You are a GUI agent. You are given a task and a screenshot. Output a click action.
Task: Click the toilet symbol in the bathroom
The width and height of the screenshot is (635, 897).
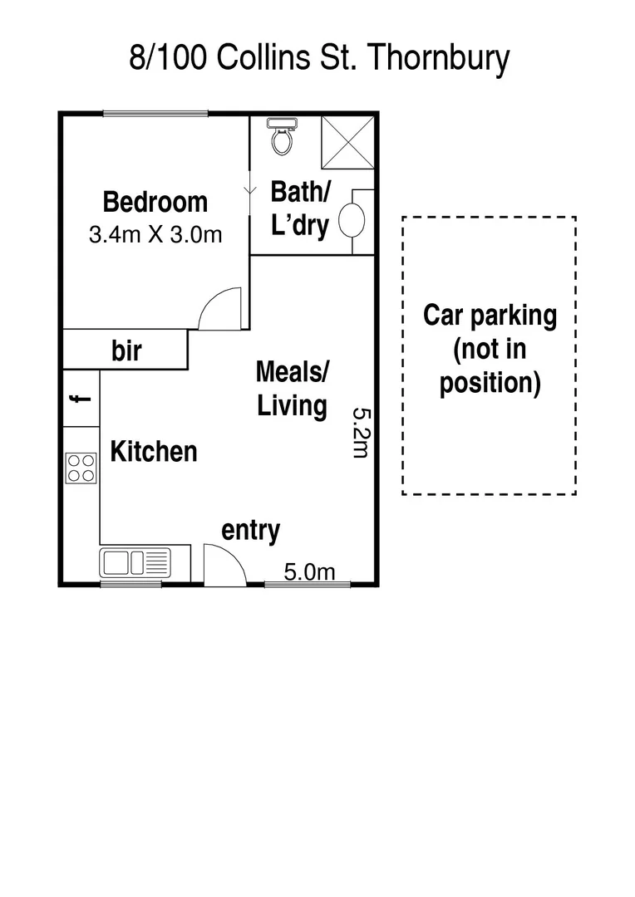pos(282,137)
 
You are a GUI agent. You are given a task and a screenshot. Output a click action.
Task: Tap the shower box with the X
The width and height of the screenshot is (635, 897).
pos(347,142)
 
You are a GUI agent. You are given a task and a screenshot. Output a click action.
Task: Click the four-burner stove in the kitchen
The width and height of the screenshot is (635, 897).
pos(81,468)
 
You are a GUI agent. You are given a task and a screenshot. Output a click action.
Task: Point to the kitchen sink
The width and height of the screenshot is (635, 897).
pos(135,562)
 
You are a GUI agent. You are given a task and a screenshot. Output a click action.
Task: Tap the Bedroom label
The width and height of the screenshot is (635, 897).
pos(155,202)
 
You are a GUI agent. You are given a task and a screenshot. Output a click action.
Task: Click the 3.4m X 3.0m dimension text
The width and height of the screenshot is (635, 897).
pos(155,234)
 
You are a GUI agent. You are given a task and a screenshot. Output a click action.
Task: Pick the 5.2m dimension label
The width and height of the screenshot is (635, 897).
pos(359,432)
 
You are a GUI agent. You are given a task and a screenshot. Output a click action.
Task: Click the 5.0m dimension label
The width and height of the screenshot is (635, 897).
pos(309,571)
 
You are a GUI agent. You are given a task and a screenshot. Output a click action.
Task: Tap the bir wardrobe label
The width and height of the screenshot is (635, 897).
pos(126,350)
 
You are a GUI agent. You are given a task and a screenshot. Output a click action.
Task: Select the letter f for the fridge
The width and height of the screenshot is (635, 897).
pos(81,399)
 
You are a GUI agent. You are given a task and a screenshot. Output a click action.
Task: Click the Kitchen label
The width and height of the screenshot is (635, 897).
pos(154,452)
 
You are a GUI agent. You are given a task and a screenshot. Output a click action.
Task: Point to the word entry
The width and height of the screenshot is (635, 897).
pos(250,530)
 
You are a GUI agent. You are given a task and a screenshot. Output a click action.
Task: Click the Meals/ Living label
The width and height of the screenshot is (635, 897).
pos(291,389)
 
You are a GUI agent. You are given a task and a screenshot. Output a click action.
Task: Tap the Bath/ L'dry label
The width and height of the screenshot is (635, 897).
pos(300,208)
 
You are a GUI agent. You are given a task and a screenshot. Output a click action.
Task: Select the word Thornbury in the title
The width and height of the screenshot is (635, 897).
pos(437,59)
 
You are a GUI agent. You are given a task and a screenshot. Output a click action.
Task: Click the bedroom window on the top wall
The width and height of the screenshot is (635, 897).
pos(155,114)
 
